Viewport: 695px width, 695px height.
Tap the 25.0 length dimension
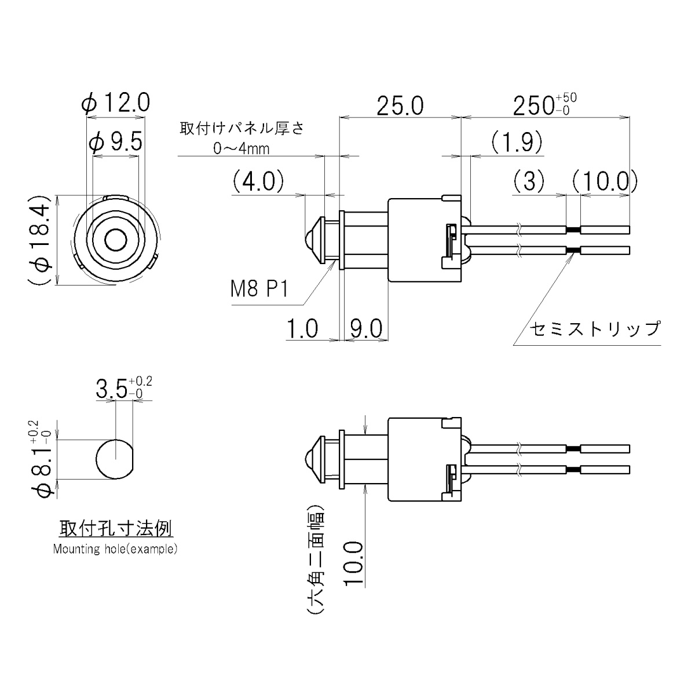(x=400, y=106)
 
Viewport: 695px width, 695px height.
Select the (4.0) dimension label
(x=258, y=181)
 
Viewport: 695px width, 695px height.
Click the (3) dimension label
(x=529, y=181)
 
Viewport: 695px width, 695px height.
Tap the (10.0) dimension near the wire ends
(x=605, y=181)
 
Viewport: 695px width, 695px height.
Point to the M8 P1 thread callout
(x=259, y=288)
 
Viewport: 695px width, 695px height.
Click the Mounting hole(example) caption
(x=115, y=549)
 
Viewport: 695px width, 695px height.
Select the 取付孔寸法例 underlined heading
(x=115, y=528)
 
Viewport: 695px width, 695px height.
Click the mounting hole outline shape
(x=115, y=458)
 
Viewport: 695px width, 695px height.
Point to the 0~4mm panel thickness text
(x=242, y=149)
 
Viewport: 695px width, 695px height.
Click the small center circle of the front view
(x=115, y=239)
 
